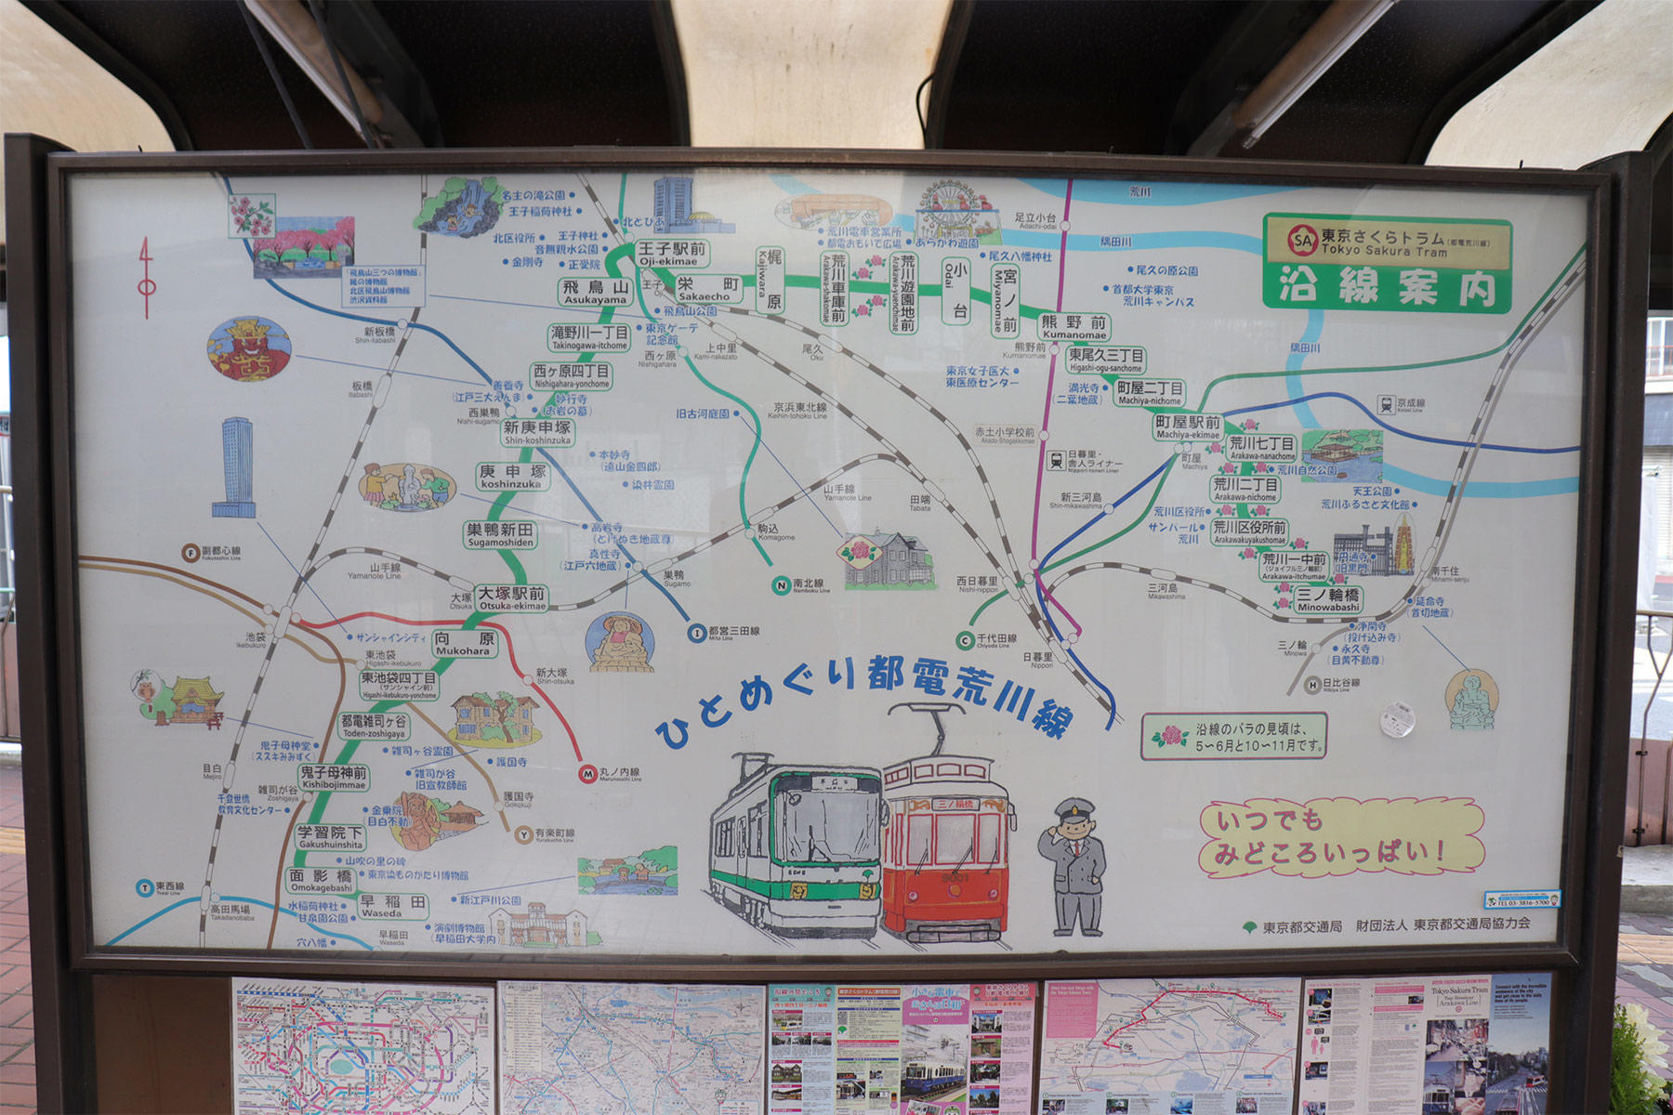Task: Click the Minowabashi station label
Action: (1328, 600)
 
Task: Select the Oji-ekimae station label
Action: (672, 254)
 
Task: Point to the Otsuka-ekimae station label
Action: (511, 597)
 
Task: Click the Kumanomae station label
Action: (1074, 327)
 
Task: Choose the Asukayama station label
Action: (595, 292)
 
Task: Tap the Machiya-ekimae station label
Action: (1187, 426)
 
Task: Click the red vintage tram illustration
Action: (946, 846)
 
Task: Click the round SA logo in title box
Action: (1302, 242)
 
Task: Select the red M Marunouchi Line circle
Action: (587, 774)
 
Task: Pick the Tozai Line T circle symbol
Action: (144, 888)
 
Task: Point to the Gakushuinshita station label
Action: (330, 838)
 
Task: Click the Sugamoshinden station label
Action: (500, 535)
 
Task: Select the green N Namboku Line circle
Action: (781, 584)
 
